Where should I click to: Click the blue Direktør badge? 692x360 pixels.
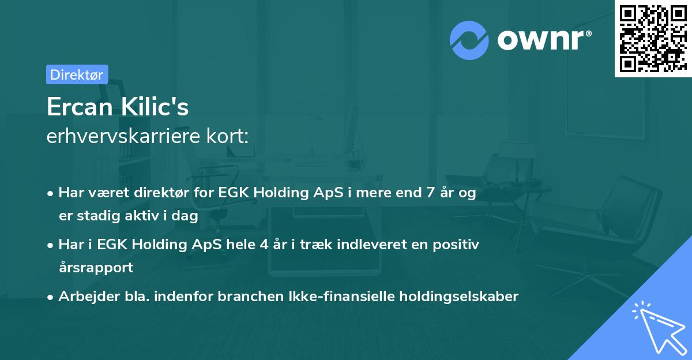77,74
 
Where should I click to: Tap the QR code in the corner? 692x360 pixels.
653,39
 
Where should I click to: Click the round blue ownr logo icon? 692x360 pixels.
469,40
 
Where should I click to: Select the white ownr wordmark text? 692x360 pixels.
540,40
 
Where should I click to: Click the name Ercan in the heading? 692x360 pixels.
80,107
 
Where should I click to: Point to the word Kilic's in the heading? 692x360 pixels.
155,106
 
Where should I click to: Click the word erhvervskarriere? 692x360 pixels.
123,136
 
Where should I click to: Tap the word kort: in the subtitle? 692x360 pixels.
227,136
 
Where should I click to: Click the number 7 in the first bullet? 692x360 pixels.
430,193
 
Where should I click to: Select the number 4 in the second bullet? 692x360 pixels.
264,245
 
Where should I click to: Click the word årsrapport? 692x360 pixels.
96,268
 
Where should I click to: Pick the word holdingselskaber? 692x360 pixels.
459,296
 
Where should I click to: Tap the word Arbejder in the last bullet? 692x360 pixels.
89,297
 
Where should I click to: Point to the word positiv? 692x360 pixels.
456,245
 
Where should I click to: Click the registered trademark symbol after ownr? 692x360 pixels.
588,33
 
